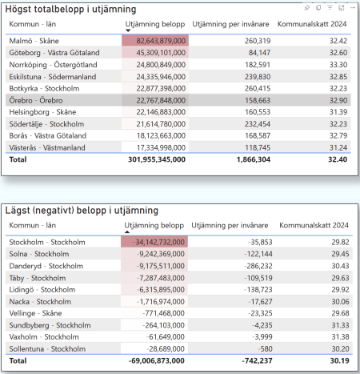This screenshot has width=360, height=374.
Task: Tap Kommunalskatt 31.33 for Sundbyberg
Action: tap(337, 325)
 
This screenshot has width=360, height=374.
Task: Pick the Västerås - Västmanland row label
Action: tap(48, 147)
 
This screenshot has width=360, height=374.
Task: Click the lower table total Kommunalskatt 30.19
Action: tap(337, 362)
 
